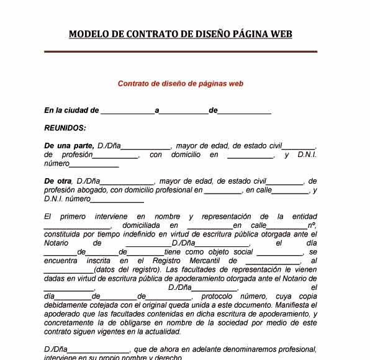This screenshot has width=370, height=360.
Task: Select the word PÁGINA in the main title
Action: tap(246, 34)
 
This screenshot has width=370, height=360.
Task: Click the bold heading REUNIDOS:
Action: tap(65, 128)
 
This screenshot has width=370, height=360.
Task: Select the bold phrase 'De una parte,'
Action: tap(68, 145)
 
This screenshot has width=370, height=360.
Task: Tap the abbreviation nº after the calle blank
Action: tap(312, 225)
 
